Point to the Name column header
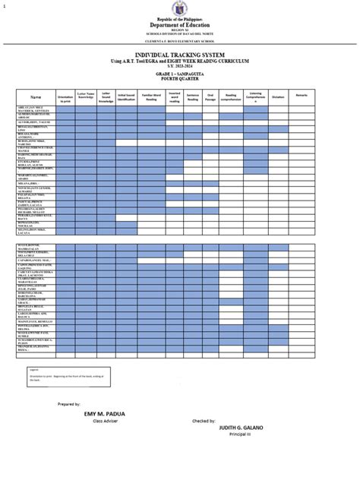(36, 98)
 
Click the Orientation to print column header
(65, 98)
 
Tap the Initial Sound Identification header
(126, 98)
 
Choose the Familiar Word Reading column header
(151, 98)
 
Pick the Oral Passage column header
(210, 98)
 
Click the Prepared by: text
(68, 404)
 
